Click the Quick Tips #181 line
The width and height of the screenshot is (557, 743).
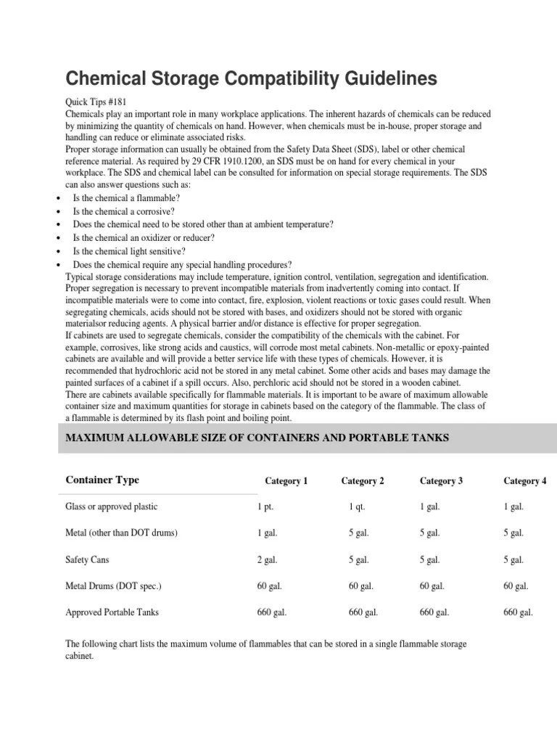point(96,102)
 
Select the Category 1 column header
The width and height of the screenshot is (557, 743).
point(286,481)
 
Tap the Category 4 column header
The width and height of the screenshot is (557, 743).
point(525,481)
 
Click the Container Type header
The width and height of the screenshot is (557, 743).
point(102,480)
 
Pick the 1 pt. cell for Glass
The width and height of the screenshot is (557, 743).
point(265,506)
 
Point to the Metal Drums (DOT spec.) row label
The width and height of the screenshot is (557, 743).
point(114,586)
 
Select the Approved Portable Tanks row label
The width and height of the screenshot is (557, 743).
point(112,612)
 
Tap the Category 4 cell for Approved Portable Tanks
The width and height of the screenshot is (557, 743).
point(518,612)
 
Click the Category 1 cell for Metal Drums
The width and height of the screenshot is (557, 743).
point(269,586)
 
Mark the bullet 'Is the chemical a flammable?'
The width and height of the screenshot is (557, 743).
point(126,198)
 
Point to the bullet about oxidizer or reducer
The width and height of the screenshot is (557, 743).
point(143,237)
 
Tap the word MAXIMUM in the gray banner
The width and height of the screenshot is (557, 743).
point(96,437)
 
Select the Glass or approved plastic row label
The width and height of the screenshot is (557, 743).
point(111,506)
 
